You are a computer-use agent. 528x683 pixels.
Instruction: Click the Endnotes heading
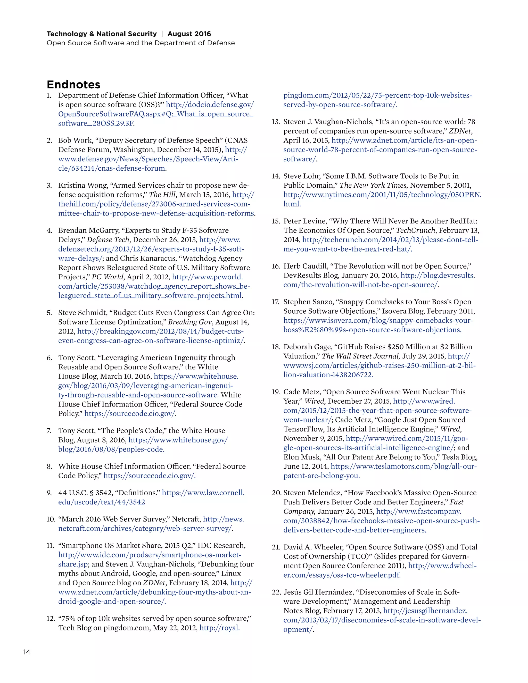73,85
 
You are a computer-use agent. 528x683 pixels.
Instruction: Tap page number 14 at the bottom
27,652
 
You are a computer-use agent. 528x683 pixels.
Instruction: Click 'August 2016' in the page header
189,34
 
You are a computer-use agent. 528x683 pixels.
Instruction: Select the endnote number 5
49,313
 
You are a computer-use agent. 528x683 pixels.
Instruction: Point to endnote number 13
276,122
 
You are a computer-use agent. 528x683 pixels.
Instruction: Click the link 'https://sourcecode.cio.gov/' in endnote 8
149,476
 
